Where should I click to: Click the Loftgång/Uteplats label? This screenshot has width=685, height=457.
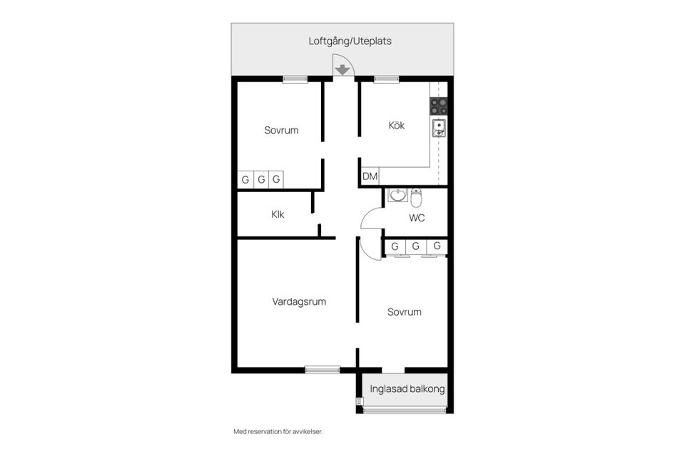click(x=350, y=41)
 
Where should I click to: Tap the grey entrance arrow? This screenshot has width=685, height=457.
click(x=342, y=69)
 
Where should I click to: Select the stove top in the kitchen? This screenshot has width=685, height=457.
click(x=439, y=106)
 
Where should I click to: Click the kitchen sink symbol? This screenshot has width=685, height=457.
click(x=439, y=129)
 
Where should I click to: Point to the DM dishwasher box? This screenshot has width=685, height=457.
click(x=370, y=176)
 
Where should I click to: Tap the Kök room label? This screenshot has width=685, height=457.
click(x=397, y=126)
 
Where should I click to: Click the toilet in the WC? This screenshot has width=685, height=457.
click(x=417, y=196)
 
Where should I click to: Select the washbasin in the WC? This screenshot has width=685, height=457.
click(x=397, y=196)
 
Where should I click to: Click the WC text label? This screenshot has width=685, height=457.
click(x=417, y=218)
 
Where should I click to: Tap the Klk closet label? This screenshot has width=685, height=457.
click(x=278, y=214)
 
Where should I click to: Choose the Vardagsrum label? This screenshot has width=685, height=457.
click(x=299, y=301)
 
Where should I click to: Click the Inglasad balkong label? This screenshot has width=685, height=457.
click(x=407, y=389)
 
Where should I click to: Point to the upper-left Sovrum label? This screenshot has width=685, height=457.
click(x=281, y=130)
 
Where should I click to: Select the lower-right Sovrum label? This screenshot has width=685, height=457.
click(x=405, y=311)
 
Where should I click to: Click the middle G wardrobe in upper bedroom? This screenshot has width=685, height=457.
click(x=261, y=179)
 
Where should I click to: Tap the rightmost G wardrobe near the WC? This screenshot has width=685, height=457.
click(x=437, y=246)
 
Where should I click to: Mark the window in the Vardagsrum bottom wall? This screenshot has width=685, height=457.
click(x=323, y=369)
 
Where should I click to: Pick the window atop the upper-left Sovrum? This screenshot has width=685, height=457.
click(x=295, y=79)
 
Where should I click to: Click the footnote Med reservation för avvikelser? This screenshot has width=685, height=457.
click(x=283, y=431)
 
